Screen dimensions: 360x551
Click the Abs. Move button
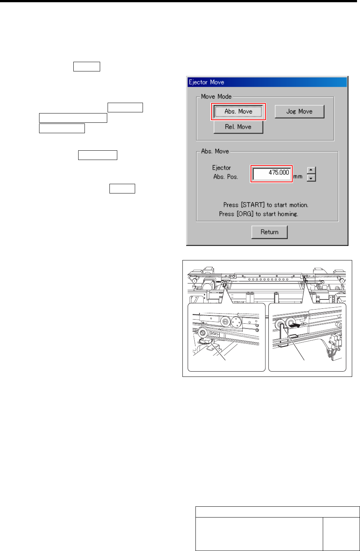coord(238,112)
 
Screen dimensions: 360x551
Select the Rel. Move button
coord(238,127)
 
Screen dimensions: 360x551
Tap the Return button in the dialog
coord(270,232)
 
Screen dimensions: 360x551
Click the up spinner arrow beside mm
coord(311,170)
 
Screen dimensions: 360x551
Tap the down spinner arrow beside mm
coord(311,178)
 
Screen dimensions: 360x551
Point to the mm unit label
coord(298,176)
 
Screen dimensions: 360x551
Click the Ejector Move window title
coord(207,82)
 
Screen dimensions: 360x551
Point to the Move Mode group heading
coord(216,96)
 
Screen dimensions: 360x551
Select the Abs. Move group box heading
coord(215,151)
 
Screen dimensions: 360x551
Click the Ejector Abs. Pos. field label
coord(225,172)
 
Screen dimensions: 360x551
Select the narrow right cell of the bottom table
coord(341,534)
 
